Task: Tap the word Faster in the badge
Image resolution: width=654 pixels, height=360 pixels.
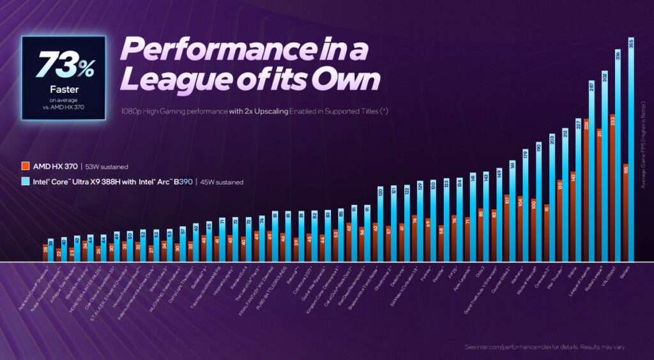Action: [x=63, y=90]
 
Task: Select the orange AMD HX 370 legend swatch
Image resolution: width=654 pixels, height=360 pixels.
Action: [x=25, y=166]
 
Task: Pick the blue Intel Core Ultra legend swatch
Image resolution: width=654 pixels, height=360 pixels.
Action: [x=25, y=182]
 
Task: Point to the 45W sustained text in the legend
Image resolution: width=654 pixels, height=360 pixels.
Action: [x=221, y=182]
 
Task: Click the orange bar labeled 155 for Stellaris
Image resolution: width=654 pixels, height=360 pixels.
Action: [x=625, y=214]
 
